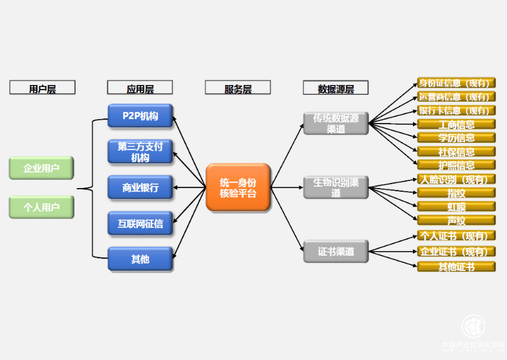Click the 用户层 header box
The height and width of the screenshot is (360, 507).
[x=43, y=88]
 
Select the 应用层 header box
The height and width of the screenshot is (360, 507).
[x=140, y=88]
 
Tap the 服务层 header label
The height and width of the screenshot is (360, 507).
[x=238, y=88]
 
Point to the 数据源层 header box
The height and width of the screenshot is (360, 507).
[x=336, y=88]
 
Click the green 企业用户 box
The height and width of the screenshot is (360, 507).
[x=42, y=168]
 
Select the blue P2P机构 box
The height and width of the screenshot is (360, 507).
[x=140, y=116]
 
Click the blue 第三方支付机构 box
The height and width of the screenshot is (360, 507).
[x=140, y=151]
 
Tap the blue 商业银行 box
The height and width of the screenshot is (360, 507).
[x=140, y=187]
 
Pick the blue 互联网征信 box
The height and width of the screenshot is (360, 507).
[x=140, y=223]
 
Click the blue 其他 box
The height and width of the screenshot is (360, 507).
[x=140, y=259]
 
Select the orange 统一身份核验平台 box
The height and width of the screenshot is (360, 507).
[x=238, y=187]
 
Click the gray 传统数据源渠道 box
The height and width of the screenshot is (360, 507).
[x=336, y=124]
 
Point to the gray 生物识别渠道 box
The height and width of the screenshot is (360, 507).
[x=336, y=187]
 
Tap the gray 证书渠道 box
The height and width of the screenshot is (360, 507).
[x=336, y=252]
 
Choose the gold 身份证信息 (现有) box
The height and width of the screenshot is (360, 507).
[x=457, y=83]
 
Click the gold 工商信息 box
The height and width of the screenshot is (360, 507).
[x=457, y=124]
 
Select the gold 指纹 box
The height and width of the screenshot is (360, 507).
[x=457, y=193]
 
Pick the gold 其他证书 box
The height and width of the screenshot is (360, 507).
[x=457, y=266]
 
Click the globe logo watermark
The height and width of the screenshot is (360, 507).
[x=474, y=326]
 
